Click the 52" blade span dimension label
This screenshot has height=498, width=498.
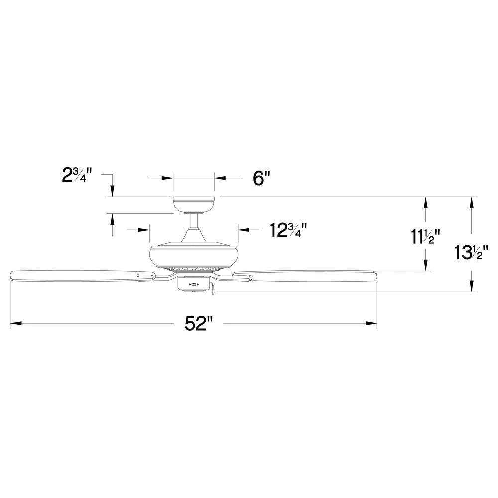(x=199, y=324)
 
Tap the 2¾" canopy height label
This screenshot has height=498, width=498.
(x=75, y=176)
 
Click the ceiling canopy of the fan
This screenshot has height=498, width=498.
(x=193, y=204)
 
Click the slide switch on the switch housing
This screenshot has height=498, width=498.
(x=194, y=285)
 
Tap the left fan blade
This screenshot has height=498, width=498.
(x=80, y=275)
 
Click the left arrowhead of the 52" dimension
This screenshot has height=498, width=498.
(x=15, y=324)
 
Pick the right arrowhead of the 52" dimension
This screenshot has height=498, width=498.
(x=372, y=324)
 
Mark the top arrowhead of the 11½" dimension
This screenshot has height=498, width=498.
(x=426, y=202)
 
